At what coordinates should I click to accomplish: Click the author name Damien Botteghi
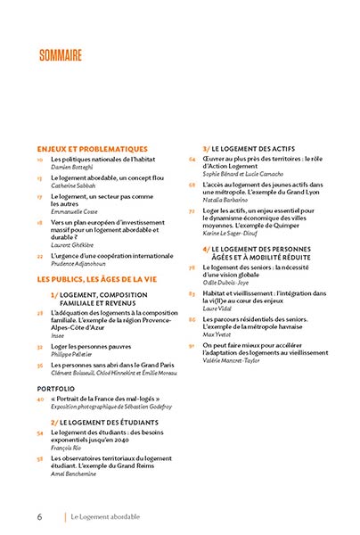(x=71, y=166)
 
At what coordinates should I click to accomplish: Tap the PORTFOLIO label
(x=55, y=389)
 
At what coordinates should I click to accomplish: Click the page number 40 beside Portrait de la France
(x=40, y=399)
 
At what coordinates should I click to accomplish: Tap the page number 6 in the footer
(x=39, y=515)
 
